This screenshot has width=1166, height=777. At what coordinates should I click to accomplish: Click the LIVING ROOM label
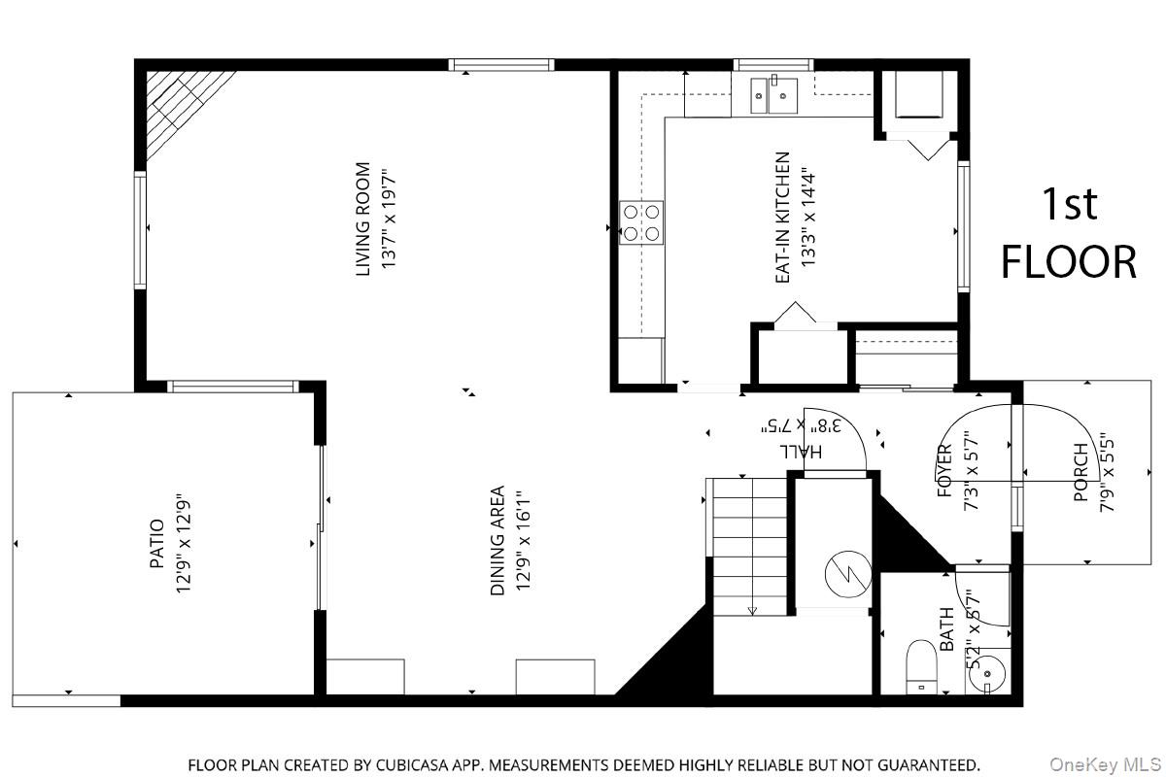(363, 219)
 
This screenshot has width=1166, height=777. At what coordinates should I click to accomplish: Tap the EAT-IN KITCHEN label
(782, 219)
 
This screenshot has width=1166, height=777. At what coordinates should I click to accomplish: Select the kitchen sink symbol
(773, 96)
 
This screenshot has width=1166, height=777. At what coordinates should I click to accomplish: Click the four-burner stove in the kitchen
(641, 221)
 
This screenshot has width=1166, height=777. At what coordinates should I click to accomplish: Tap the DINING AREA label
(498, 540)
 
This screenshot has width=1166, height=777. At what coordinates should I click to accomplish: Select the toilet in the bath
(920, 668)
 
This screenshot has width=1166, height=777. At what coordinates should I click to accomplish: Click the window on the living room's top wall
(501, 65)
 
